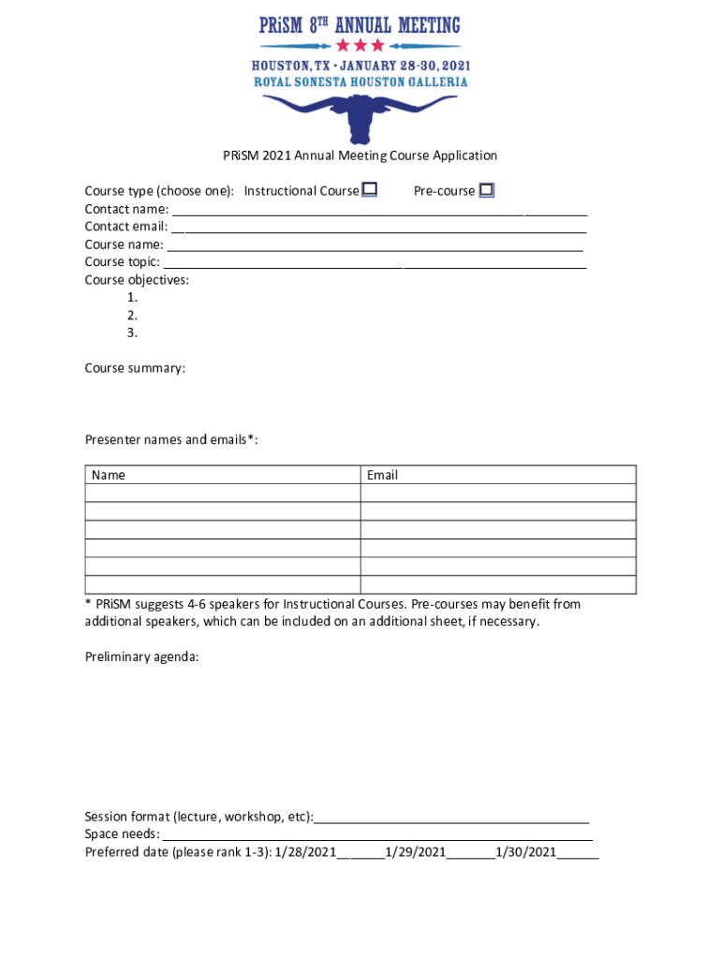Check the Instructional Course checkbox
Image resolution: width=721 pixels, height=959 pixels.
pos(370,190)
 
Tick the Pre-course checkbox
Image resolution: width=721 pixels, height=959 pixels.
pos(486,190)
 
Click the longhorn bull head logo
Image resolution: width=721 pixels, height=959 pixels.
pos(360,116)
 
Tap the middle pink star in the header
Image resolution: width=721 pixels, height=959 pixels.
pos(360,45)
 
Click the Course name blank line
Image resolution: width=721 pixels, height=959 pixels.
pos(375,248)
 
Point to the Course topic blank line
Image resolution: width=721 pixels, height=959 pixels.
pos(375,266)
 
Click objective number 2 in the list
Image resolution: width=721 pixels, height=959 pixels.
pos(133,315)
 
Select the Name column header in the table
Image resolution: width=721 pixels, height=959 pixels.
pos(109,475)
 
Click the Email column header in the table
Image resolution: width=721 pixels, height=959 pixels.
pos(382,475)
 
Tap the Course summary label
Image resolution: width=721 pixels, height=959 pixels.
pos(135,368)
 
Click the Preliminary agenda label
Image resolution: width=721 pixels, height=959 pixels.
pos(141,657)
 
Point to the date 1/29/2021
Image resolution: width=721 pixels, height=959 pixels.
pos(416,852)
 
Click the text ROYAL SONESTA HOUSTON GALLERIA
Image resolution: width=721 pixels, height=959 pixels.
pos(360,81)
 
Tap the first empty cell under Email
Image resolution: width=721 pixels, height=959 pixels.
pos(497,493)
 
